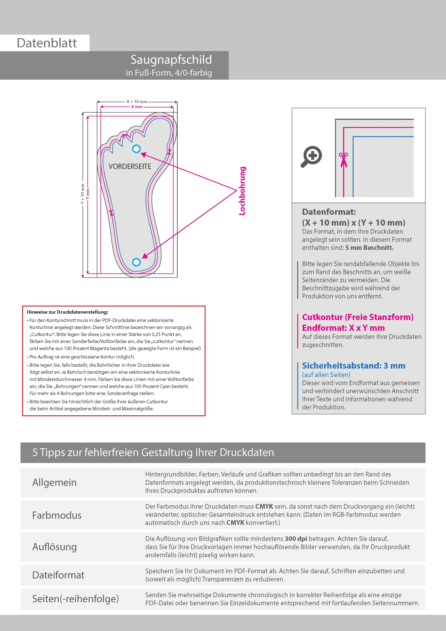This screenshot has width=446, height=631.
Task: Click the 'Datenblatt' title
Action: pyautogui.click(x=47, y=43)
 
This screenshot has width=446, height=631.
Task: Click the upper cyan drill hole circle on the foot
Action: pyautogui.click(x=136, y=149)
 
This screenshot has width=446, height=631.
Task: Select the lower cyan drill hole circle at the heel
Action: pyautogui.click(x=136, y=262)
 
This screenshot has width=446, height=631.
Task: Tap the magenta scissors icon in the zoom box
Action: pyautogui.click(x=343, y=159)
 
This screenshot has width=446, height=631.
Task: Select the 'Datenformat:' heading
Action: pyautogui.click(x=329, y=212)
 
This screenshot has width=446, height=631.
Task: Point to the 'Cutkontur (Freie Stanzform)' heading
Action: pyautogui.click(x=358, y=317)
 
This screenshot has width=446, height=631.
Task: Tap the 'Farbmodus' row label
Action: pyautogui.click(x=57, y=515)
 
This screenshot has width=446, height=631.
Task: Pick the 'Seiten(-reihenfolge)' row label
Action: pyautogui.click(x=75, y=599)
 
